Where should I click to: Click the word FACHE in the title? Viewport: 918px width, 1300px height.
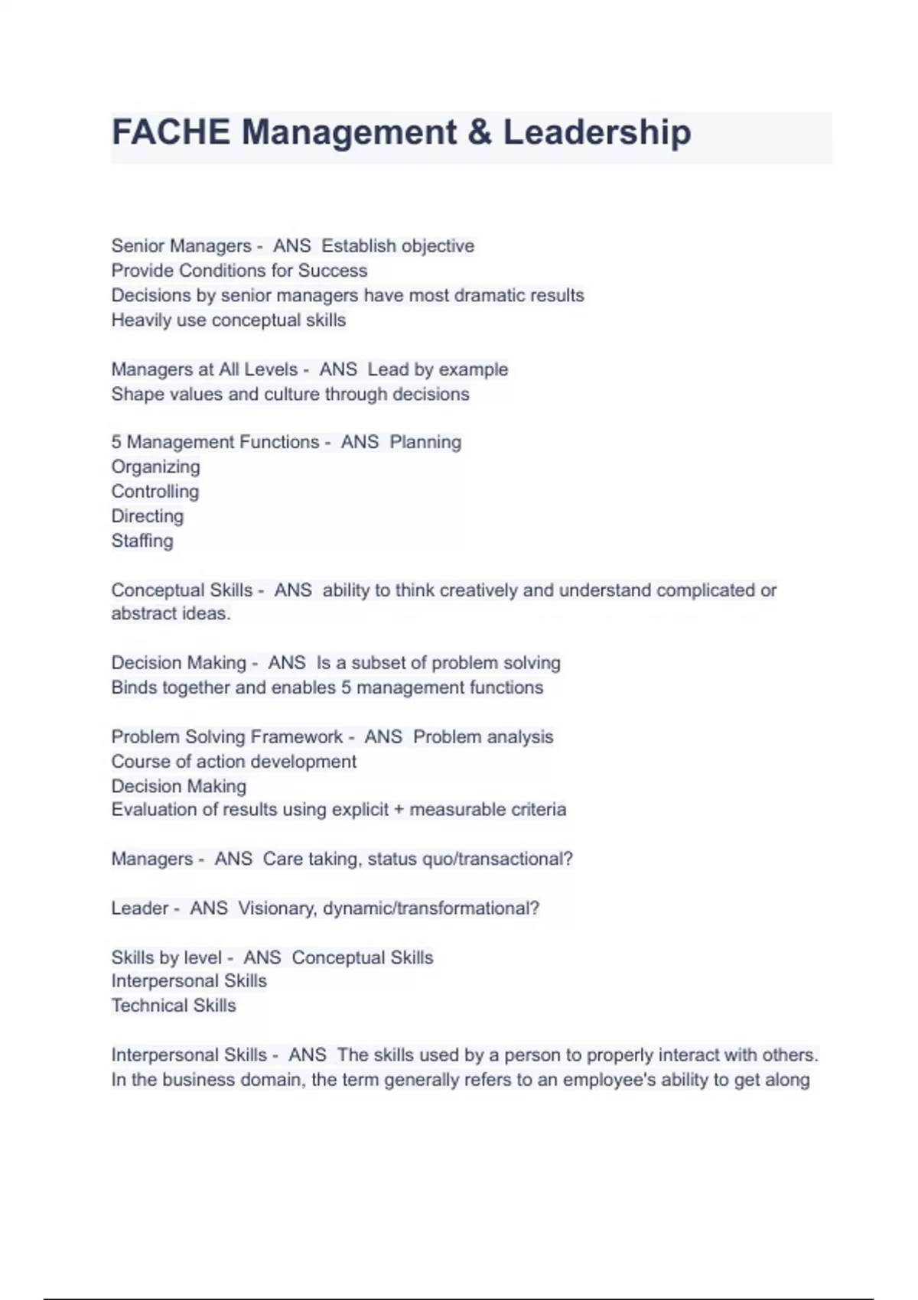point(171,132)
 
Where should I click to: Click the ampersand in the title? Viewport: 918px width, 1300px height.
point(480,132)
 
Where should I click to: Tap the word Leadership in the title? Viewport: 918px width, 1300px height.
point(597,132)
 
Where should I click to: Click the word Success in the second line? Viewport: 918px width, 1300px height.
point(333,271)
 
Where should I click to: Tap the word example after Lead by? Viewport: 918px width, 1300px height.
point(474,369)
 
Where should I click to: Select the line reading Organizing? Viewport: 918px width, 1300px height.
point(155,467)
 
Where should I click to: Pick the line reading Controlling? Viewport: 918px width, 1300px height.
point(155,492)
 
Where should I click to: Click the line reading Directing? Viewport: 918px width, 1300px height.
point(148,516)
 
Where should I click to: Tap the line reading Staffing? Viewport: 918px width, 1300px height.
point(142,541)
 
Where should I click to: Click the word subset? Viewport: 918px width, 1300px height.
point(377,663)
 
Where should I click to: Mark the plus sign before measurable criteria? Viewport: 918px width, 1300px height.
point(399,810)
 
